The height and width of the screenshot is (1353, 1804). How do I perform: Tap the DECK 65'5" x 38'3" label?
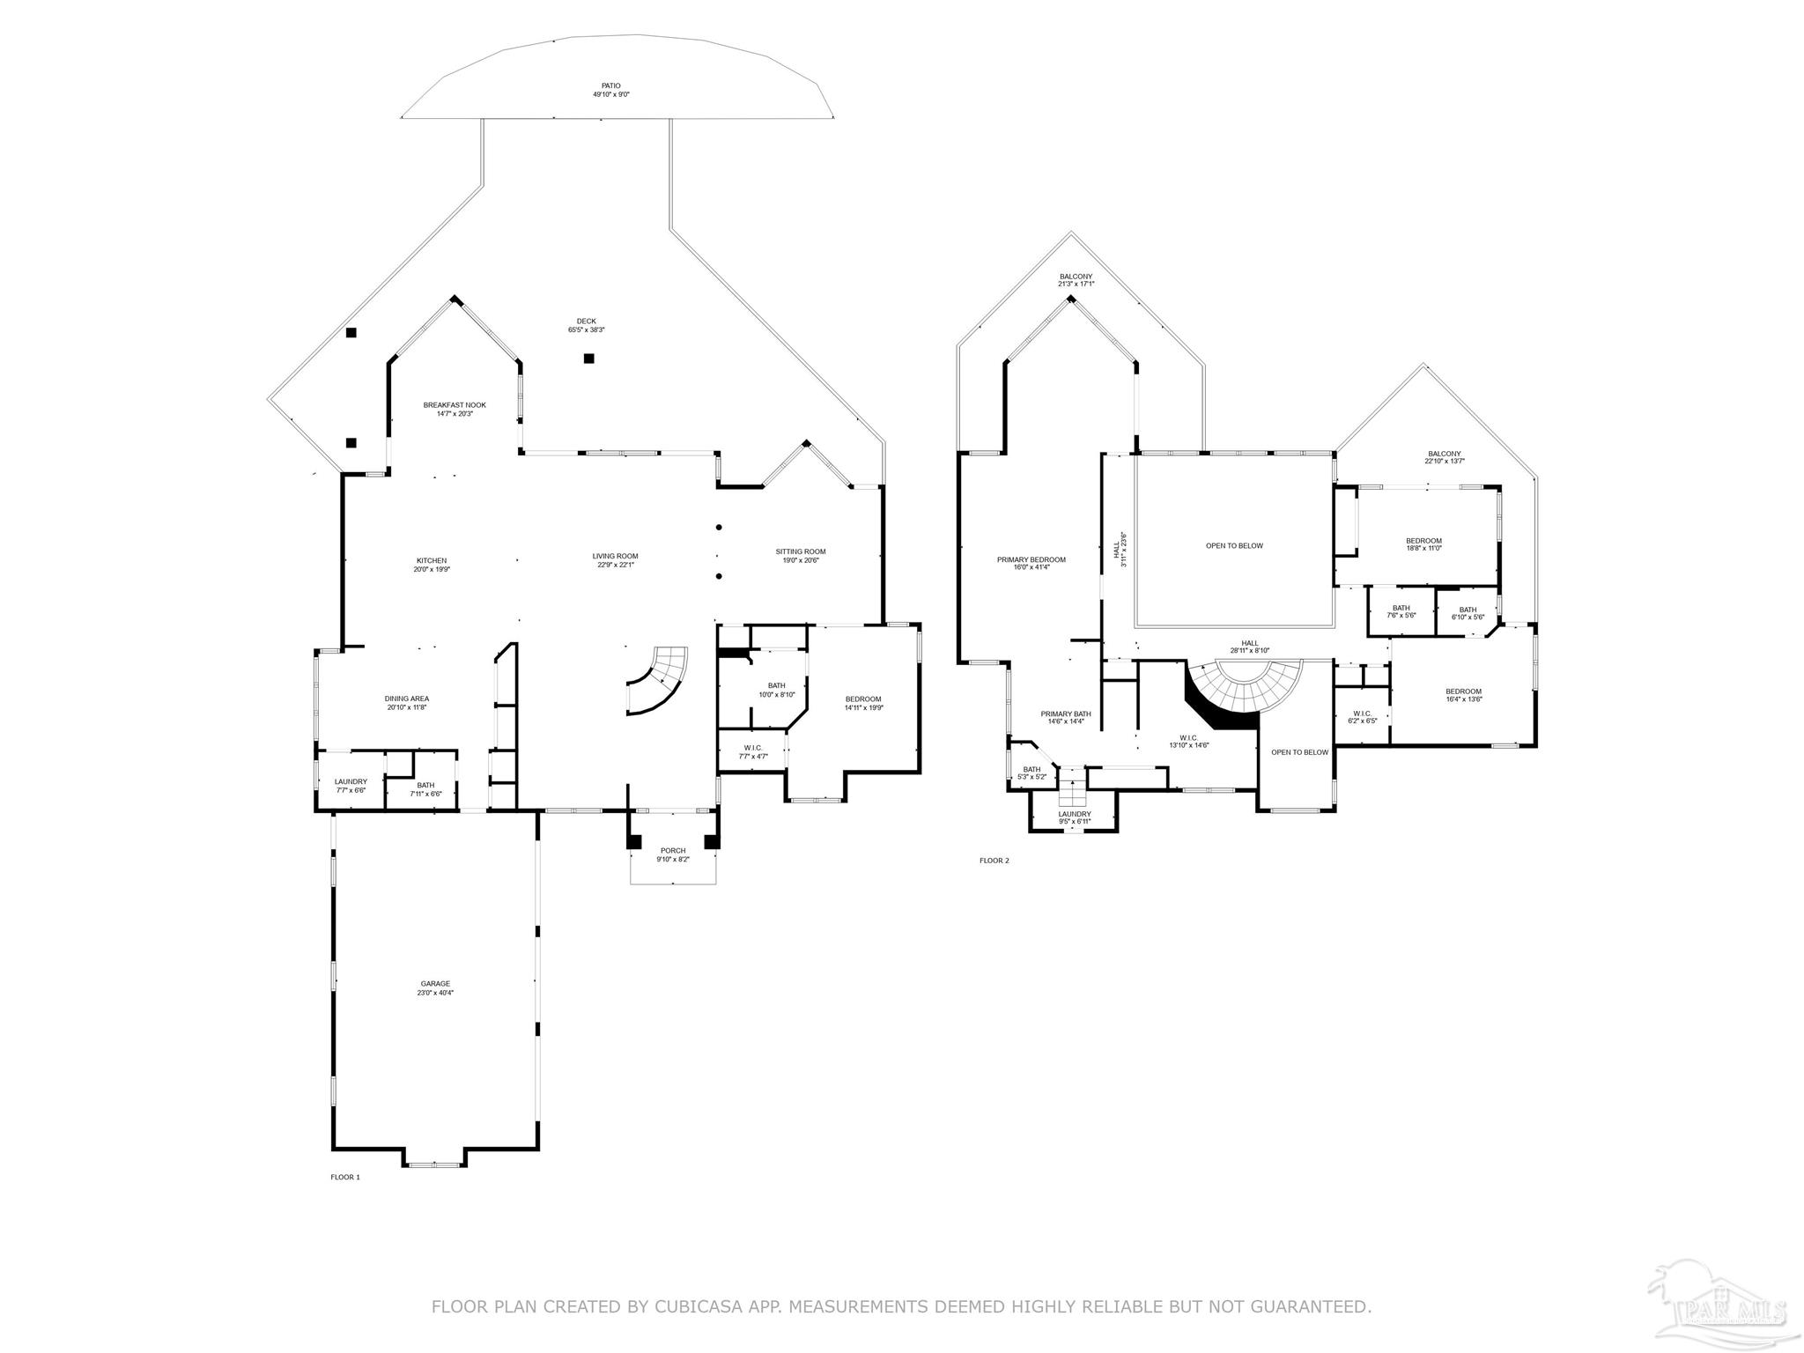point(586,325)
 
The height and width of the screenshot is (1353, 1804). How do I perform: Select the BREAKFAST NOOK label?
point(454,409)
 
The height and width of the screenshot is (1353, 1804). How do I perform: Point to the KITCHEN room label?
point(432,565)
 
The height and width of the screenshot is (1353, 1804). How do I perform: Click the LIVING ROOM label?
point(615,560)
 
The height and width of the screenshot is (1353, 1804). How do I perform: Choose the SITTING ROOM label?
point(800,556)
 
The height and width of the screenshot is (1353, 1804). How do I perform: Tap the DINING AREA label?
point(406,703)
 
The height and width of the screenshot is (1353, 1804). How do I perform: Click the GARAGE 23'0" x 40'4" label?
point(435,987)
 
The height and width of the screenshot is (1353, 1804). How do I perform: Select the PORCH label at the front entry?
point(673,854)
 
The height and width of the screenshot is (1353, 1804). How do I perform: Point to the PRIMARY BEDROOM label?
point(1031,563)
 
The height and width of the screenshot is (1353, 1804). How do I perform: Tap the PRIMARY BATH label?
point(1065,717)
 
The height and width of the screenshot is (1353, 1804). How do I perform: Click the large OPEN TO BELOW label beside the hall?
point(1234,545)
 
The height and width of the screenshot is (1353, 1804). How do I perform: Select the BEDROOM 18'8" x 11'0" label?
point(1423,544)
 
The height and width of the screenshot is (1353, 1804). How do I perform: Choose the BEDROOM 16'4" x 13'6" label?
point(1463,695)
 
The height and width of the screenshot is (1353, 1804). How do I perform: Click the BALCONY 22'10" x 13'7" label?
point(1444,457)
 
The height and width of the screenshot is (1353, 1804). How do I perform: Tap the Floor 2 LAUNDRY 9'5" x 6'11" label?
point(1074,817)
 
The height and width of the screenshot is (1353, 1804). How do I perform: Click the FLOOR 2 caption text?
point(994,861)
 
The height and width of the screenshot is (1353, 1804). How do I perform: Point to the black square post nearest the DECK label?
point(588,359)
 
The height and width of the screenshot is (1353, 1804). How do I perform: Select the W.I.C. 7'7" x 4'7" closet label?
point(752,751)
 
